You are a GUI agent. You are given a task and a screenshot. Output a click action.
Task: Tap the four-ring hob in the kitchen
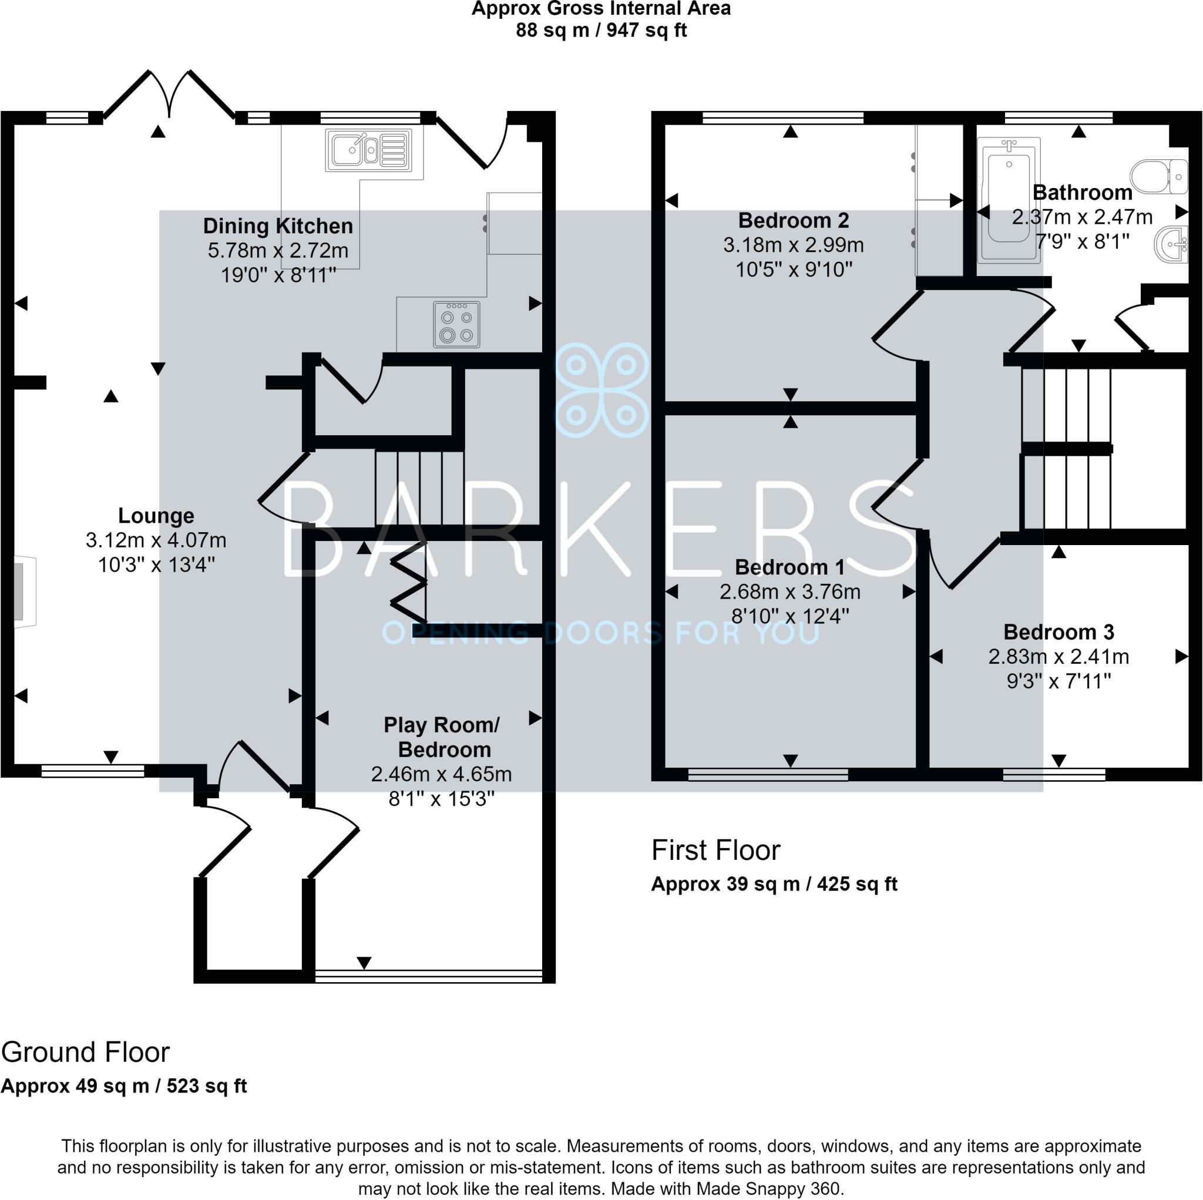pos(456,324)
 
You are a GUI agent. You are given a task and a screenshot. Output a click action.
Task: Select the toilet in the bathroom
pos(1160,176)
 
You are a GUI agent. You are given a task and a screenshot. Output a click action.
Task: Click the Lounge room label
pos(156,516)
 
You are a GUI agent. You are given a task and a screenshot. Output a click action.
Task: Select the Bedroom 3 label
pos(1058,632)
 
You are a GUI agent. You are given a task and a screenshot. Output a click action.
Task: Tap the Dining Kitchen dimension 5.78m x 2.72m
pos(278,250)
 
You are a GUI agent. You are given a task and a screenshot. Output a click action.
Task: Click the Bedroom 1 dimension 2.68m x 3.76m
pos(789,591)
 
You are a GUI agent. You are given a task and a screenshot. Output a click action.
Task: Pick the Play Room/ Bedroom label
pos(442,737)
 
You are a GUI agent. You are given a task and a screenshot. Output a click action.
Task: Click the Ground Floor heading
pos(85,1053)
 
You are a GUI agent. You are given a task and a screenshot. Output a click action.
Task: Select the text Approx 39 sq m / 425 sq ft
pos(774,884)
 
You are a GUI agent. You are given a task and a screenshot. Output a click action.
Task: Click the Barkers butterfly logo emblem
pos(601,390)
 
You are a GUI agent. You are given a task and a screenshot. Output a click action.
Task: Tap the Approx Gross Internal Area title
pos(601,9)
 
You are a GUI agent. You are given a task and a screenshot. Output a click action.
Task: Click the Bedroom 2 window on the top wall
pos(782,117)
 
